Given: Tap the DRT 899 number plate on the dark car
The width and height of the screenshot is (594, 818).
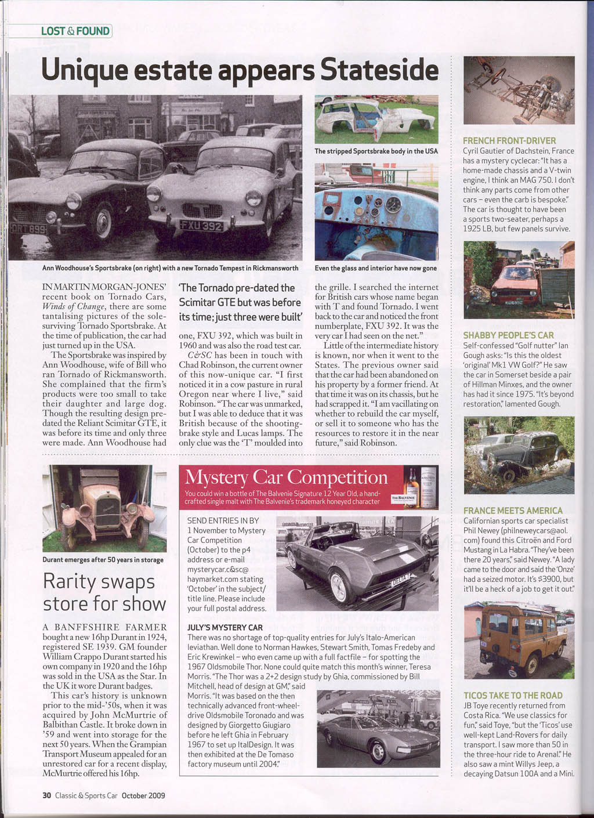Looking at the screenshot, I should click(28, 229).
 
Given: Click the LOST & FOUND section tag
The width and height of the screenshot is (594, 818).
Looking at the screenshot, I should click(75, 31).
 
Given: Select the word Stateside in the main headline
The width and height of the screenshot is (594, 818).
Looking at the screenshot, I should click(379, 70).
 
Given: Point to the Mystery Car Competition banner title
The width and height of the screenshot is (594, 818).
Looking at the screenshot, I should click(286, 477).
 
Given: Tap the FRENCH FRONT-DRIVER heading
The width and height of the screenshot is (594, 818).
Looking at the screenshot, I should click(509, 140).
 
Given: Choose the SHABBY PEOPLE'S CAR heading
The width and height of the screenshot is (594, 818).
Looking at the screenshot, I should click(508, 335).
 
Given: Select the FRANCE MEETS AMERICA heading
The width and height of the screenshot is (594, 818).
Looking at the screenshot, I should click(513, 511).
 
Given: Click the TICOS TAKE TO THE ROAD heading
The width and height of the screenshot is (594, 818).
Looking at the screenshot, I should click(513, 696).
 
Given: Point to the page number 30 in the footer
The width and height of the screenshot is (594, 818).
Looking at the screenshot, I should click(46, 795).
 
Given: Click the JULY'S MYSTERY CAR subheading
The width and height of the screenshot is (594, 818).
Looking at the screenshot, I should click(225, 628).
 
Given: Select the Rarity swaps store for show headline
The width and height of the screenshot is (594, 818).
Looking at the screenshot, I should click(104, 592).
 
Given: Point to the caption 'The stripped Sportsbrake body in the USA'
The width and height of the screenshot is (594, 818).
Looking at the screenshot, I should click(376, 151).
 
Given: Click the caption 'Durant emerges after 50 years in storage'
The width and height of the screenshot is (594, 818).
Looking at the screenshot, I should click(103, 560).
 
